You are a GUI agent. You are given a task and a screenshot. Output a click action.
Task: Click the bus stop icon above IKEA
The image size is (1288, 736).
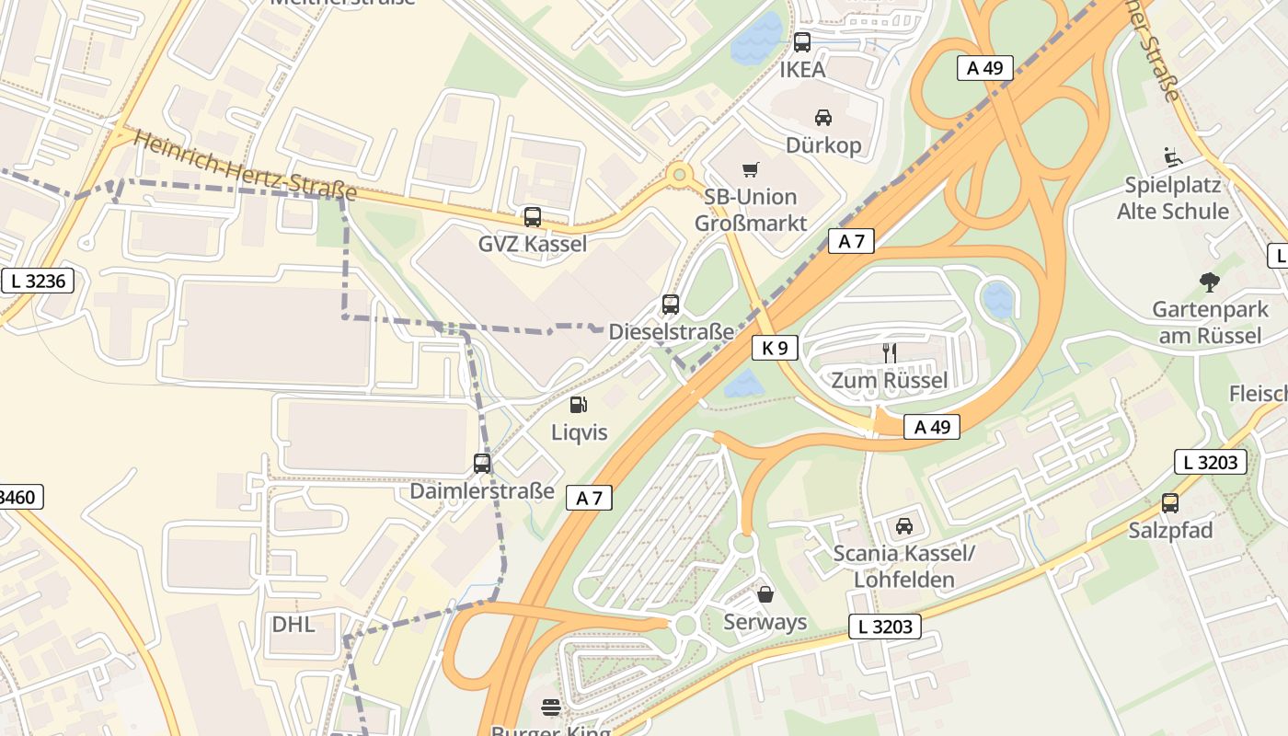tap(802, 41)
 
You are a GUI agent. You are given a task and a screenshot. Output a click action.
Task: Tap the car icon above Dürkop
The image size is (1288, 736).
tap(823, 117)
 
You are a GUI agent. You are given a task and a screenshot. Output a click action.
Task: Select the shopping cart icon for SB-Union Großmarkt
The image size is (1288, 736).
tap(751, 169)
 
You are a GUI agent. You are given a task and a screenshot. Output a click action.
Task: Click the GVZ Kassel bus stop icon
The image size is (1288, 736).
tap(533, 217)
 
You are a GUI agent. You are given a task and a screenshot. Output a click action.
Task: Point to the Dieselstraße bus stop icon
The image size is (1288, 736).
tap(671, 305)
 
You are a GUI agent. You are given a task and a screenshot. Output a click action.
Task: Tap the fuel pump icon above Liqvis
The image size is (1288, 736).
tap(579, 404)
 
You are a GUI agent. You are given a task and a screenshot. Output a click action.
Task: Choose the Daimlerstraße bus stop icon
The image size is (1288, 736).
tap(482, 464)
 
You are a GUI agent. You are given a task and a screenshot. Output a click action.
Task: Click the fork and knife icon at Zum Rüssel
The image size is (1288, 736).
tap(889, 353)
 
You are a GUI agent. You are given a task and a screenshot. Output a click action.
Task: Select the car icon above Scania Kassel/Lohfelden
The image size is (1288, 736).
tap(904, 526)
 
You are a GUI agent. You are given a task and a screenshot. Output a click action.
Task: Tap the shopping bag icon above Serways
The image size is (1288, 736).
tap(765, 594)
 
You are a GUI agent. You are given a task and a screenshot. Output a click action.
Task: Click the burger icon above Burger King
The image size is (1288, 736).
tap(551, 707)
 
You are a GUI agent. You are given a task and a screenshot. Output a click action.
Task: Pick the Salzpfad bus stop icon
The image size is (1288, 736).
tap(1170, 503)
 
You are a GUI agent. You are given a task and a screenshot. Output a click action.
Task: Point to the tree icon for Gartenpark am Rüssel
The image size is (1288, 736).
tap(1210, 282)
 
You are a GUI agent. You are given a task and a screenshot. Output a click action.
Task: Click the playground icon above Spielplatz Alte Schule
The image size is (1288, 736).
tap(1173, 158)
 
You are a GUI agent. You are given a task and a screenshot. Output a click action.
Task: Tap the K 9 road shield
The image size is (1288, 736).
tap(775, 348)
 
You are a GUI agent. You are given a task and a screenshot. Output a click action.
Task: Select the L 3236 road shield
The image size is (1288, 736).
tap(38, 281)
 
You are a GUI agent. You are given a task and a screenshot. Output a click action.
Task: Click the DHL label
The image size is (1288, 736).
tap(293, 624)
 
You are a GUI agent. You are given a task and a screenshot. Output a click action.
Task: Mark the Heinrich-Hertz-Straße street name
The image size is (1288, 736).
tap(245, 167)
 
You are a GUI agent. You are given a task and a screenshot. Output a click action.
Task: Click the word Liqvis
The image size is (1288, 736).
tap(579, 431)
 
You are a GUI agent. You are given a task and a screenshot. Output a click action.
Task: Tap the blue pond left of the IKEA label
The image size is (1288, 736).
tap(756, 40)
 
